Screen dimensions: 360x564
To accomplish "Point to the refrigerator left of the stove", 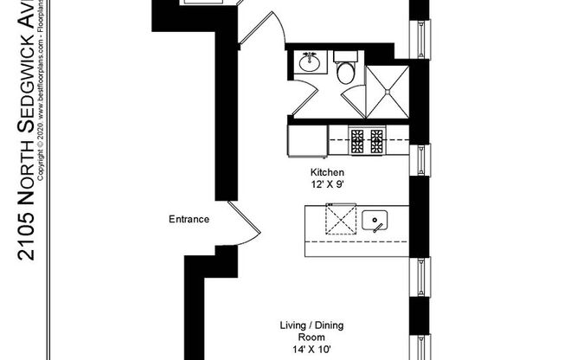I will (306, 138).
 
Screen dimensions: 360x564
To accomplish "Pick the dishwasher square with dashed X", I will (339, 221).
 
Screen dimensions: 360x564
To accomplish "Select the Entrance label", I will (189, 220).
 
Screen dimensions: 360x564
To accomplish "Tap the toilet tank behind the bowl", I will (344, 58).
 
